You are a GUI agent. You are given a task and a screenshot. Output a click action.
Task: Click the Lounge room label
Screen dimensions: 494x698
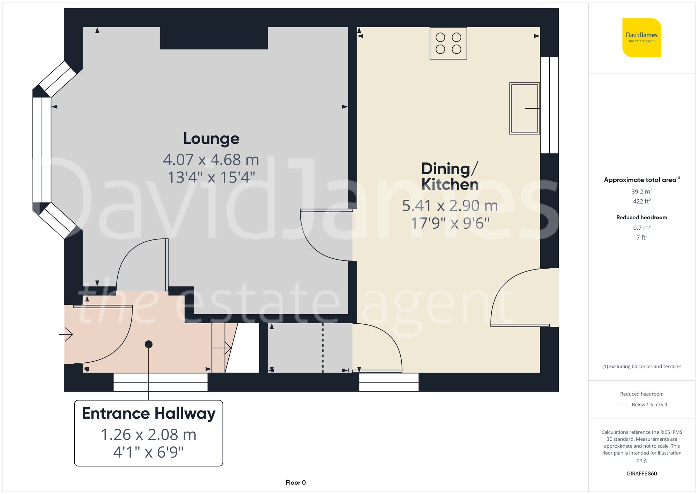(x=211, y=139)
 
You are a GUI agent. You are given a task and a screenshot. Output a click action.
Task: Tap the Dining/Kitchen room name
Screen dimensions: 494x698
(x=450, y=176)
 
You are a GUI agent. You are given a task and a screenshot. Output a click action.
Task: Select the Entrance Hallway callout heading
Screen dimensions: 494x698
(x=149, y=413)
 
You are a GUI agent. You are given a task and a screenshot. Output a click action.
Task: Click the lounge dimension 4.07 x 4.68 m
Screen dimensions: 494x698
(x=211, y=160)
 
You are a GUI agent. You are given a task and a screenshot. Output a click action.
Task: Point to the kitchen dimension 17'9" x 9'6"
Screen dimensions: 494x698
(x=450, y=223)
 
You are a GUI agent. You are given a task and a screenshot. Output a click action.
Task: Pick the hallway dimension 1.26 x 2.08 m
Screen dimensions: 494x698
(x=149, y=435)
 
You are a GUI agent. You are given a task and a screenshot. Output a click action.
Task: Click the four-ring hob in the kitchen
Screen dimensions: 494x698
(x=448, y=43)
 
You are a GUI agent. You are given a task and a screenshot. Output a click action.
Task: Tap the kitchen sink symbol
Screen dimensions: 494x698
(x=524, y=108)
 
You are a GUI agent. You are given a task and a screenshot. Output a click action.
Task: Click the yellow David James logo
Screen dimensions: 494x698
(x=641, y=38)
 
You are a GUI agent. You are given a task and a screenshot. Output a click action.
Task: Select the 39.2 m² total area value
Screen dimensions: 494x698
(x=641, y=191)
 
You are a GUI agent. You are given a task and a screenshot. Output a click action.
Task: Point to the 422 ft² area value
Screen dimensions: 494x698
(x=641, y=201)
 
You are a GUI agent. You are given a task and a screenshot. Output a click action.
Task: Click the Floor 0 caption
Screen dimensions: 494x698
(x=295, y=482)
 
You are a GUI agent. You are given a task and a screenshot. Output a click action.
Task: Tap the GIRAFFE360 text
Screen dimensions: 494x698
(x=641, y=474)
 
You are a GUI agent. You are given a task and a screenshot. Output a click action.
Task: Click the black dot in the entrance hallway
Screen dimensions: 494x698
(x=149, y=344)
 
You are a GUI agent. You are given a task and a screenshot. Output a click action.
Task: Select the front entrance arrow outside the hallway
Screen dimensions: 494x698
(x=66, y=334)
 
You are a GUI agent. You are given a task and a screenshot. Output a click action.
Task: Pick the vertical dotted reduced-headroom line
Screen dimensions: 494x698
(x=323, y=348)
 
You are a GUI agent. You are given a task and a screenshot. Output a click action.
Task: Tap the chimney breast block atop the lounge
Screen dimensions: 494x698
(x=214, y=38)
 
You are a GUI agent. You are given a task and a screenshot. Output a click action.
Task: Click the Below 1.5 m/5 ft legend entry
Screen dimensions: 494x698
(x=649, y=405)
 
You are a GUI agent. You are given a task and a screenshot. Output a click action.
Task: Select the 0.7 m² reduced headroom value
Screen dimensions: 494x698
(x=641, y=228)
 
